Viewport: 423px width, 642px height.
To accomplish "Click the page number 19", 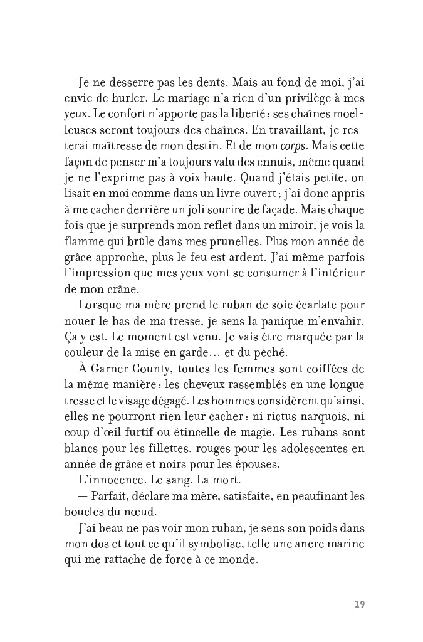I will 359,604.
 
